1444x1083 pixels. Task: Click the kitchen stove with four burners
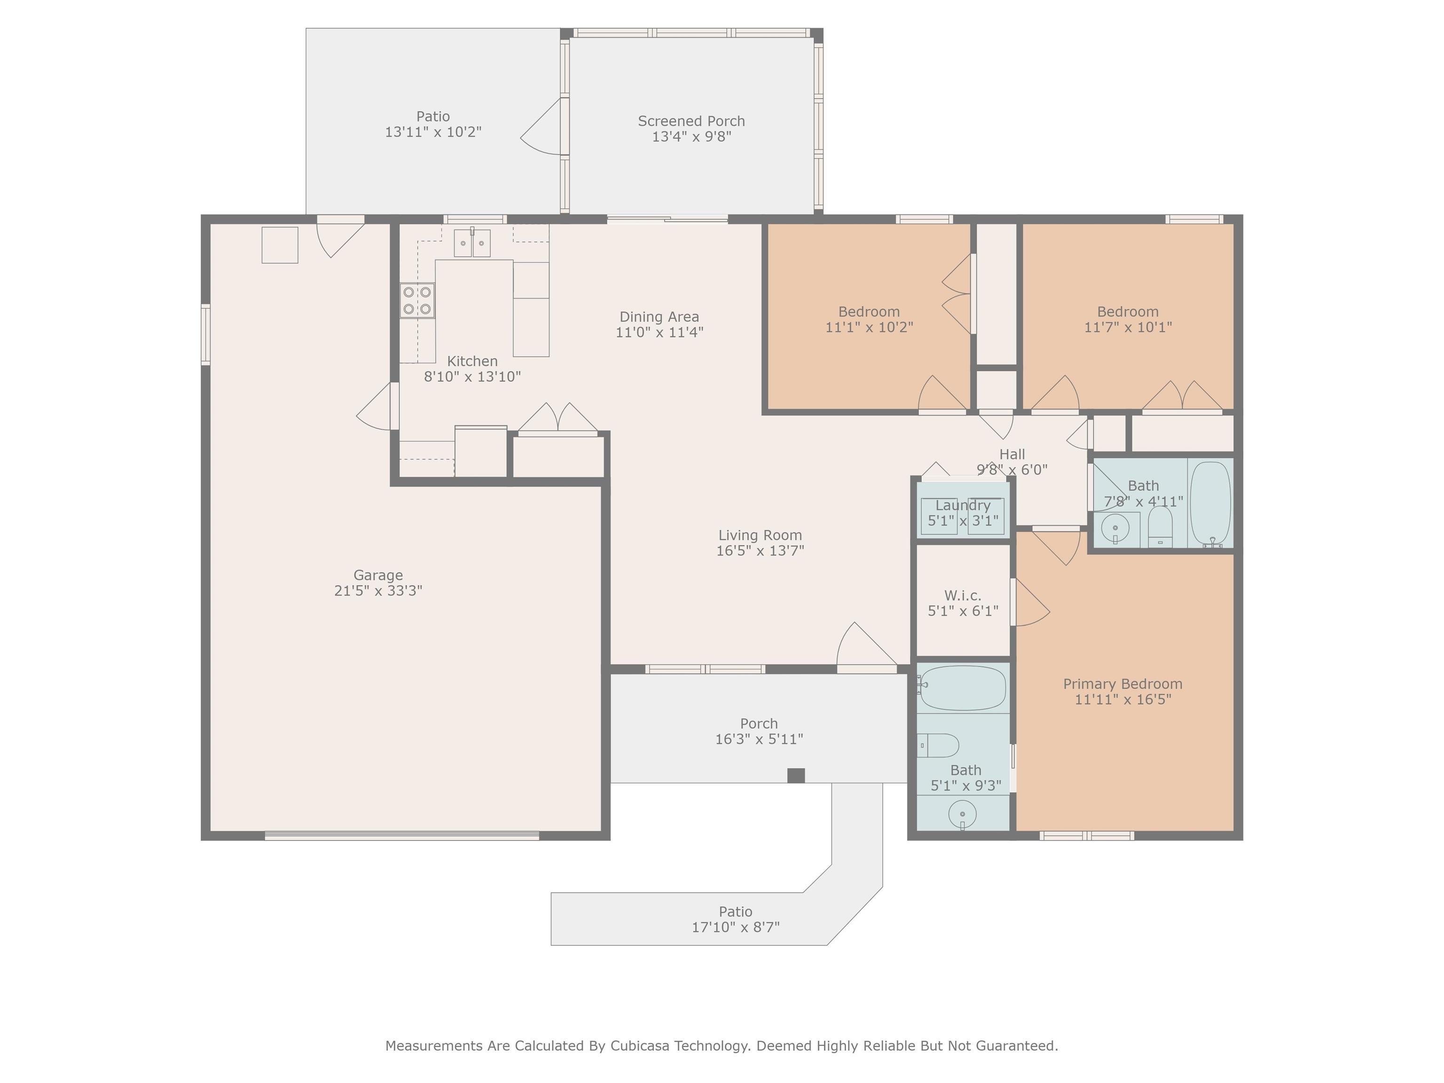click(x=417, y=300)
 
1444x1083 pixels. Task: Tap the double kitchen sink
click(x=472, y=243)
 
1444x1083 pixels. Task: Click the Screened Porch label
click(x=691, y=121)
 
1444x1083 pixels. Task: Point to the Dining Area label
click(x=659, y=317)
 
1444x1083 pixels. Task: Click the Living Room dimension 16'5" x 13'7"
click(x=760, y=551)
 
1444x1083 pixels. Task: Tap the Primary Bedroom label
click(x=1123, y=684)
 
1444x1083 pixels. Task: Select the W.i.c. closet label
click(x=963, y=596)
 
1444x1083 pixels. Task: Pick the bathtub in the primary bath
click(x=962, y=688)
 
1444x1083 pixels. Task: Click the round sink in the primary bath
click(x=962, y=814)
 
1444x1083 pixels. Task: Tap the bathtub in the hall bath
click(x=1211, y=503)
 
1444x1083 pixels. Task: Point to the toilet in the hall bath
click(x=1160, y=526)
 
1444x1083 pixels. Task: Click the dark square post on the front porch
click(x=796, y=776)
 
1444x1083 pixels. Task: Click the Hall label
click(x=1012, y=455)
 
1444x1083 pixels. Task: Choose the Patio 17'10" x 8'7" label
click(x=736, y=919)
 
